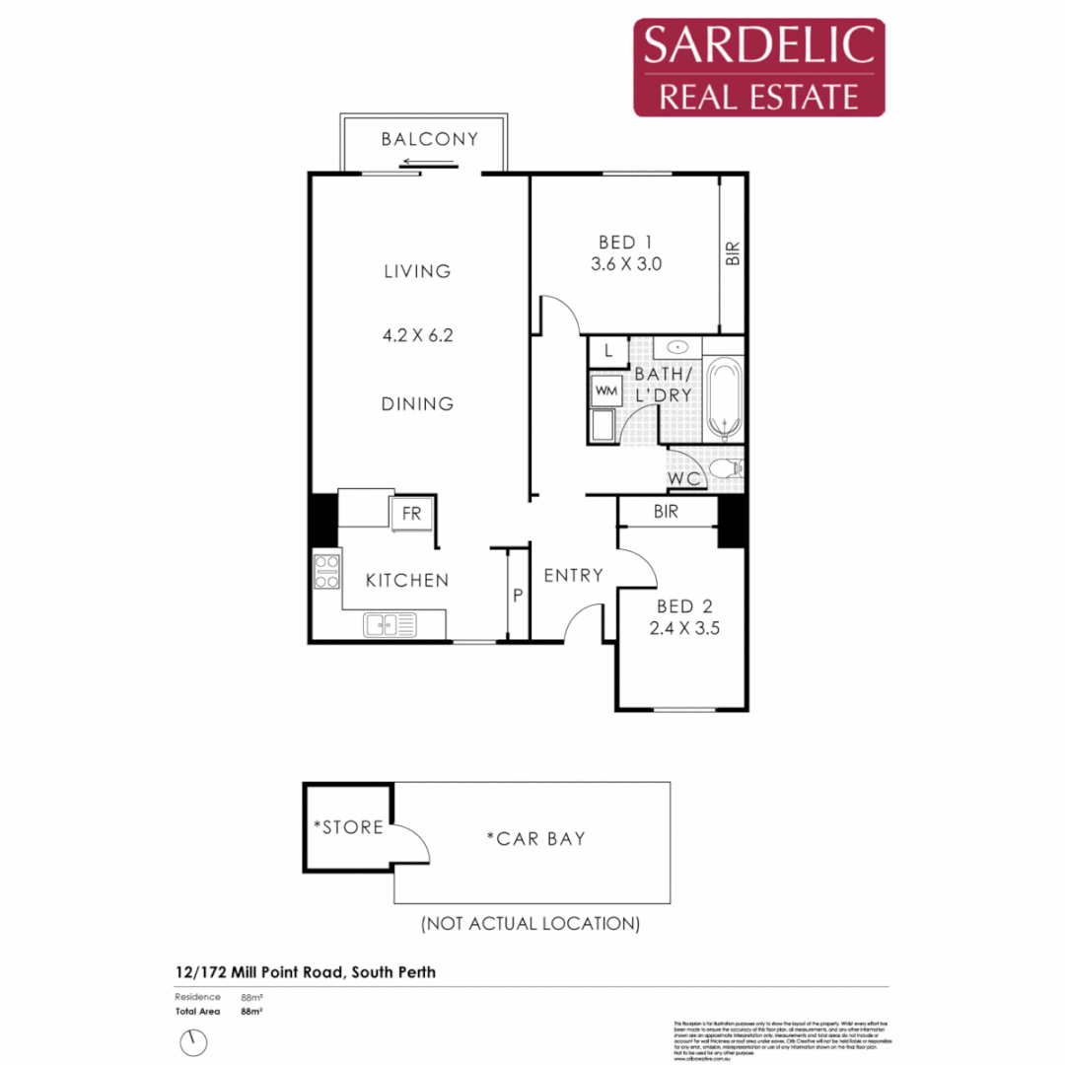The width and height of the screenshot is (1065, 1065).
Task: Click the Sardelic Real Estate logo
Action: [x=758, y=67]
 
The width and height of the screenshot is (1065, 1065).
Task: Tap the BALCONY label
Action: [x=429, y=139]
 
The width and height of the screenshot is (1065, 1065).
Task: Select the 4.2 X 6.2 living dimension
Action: [x=418, y=335]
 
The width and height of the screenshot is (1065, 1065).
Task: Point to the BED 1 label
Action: [x=626, y=242]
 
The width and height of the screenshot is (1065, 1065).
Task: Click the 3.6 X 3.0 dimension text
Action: [x=626, y=264]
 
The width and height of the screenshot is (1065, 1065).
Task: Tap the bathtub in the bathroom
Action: [x=726, y=399]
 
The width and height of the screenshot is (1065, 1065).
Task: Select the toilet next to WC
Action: [x=729, y=467]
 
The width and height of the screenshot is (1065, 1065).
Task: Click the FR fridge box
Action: [x=410, y=514]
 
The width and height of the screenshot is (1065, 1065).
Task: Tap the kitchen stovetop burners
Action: [x=326, y=573]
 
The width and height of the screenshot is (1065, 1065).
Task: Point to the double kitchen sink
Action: [x=390, y=623]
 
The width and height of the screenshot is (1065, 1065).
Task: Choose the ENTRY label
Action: [x=573, y=575]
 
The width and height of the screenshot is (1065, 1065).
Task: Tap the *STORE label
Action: [x=348, y=826]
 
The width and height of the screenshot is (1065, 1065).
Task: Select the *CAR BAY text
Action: [x=535, y=839]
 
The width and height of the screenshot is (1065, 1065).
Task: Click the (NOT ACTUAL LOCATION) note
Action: [x=531, y=924]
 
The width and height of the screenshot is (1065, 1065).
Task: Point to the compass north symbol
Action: [x=195, y=1041]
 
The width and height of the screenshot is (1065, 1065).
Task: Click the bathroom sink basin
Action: [x=676, y=347]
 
